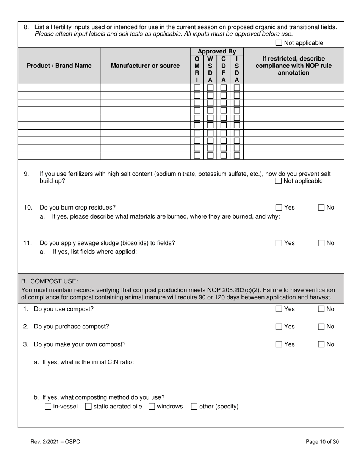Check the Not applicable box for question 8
click(279, 43)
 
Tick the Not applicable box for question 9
click(279, 181)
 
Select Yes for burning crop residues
click(279, 208)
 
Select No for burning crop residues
click(321, 208)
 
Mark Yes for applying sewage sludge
click(279, 243)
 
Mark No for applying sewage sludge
click(321, 243)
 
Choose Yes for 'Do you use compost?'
click(279, 309)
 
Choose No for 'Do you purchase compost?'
click(321, 327)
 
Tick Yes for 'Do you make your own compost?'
click(279, 344)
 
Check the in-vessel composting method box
click(48, 407)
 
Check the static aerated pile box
click(88, 407)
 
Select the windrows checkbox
click(152, 407)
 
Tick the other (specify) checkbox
click(194, 407)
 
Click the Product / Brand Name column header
click(59, 66)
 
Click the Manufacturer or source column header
click(145, 66)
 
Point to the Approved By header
click(217, 51)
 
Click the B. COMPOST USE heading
click(50, 281)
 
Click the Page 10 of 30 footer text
click(322, 441)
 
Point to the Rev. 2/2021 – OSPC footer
click(55, 441)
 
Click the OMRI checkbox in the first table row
click(197, 88)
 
